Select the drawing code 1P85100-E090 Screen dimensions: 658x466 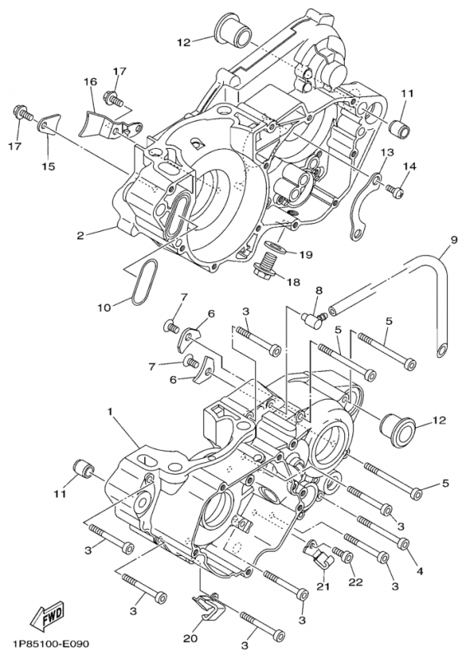click(x=49, y=644)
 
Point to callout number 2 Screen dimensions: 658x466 click(x=81, y=236)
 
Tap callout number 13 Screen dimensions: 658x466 click(x=386, y=153)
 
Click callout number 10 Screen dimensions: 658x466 click(x=103, y=308)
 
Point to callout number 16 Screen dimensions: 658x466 click(x=90, y=82)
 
